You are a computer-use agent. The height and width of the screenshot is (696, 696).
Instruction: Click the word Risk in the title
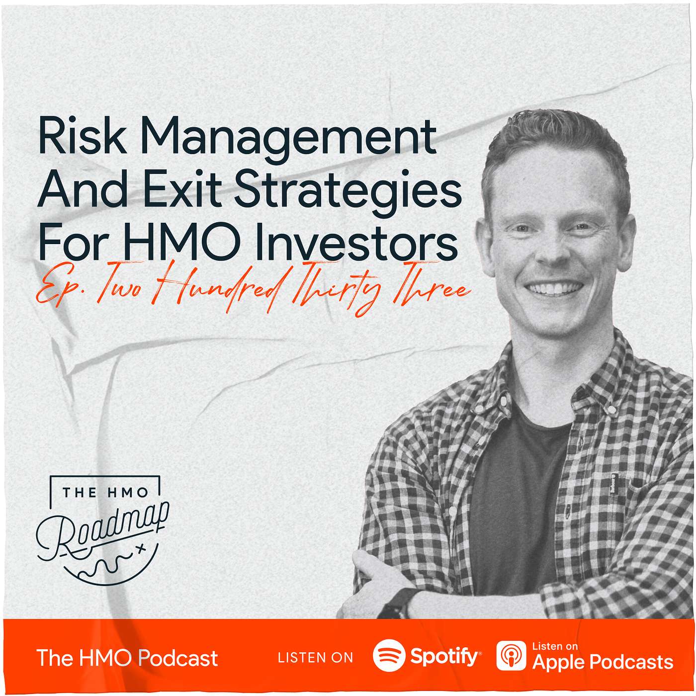tap(82, 135)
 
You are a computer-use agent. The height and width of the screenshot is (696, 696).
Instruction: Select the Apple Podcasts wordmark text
tap(603, 662)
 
